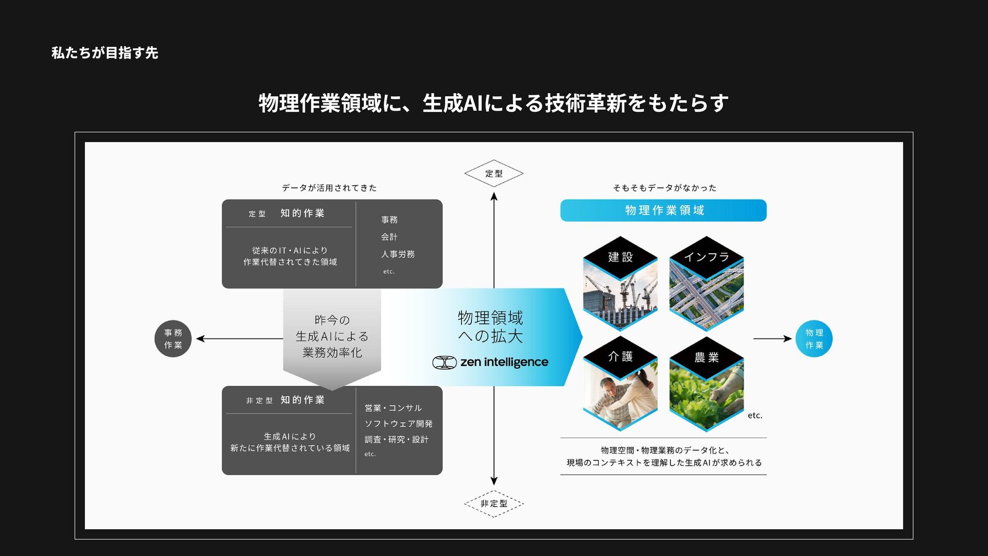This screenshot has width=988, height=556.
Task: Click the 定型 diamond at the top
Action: [493, 173]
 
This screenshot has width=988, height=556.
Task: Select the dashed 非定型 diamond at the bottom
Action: [493, 503]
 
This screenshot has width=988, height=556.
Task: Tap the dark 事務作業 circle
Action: [173, 339]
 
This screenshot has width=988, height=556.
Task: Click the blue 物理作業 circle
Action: [814, 339]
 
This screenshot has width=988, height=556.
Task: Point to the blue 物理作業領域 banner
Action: [663, 211]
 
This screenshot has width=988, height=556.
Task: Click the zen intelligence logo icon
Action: [444, 362]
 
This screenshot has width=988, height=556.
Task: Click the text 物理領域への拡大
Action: [490, 327]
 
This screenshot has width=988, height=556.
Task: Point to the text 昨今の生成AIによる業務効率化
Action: [332, 336]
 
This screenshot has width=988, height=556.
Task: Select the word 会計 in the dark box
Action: [389, 237]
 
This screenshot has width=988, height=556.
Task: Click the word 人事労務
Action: [398, 254]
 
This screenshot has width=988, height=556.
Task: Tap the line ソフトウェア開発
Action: [398, 424]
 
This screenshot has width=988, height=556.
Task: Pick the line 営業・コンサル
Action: [393, 408]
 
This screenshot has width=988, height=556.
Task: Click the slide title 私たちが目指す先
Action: [104, 53]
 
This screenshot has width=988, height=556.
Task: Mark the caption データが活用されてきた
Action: [329, 188]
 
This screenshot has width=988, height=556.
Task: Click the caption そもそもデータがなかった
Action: [664, 188]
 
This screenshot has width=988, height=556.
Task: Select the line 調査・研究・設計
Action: [396, 440]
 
